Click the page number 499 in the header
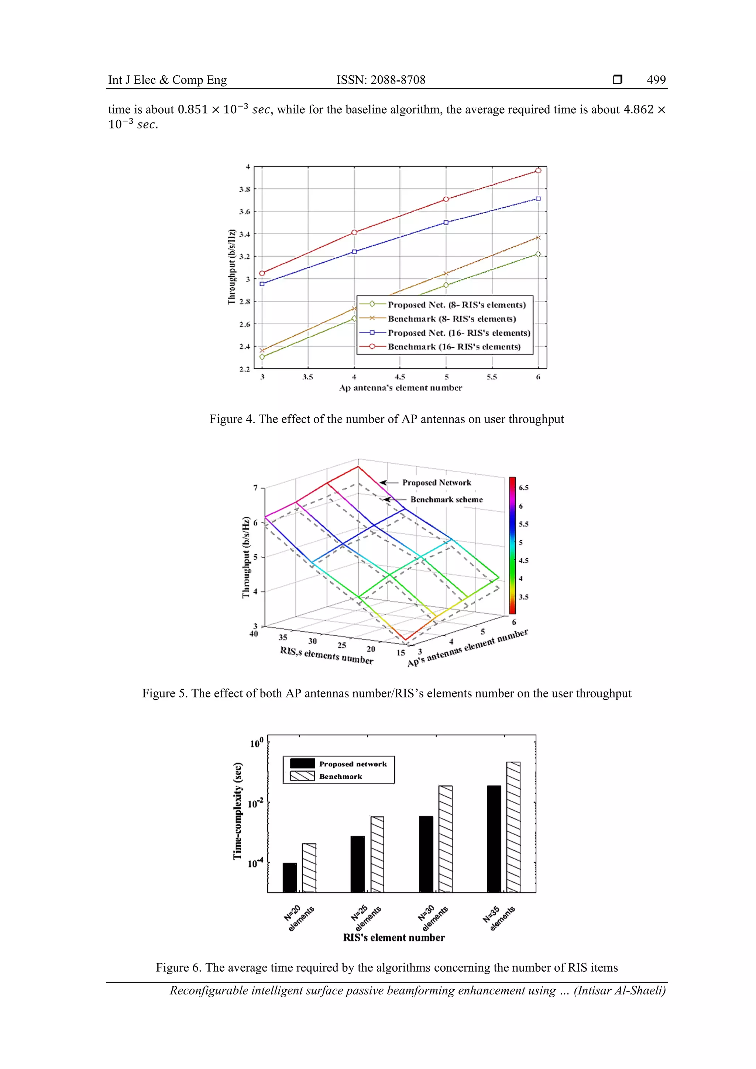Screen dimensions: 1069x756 coord(656,80)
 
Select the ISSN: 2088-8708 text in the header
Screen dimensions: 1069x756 coord(381,80)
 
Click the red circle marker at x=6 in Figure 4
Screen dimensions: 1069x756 coord(538,171)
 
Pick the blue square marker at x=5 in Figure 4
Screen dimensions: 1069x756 coord(446,223)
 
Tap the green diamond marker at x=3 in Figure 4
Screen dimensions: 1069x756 coord(262,357)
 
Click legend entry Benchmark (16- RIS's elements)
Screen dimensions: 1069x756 coord(454,347)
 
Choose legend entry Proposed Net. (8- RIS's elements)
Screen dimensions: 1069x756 coord(457,305)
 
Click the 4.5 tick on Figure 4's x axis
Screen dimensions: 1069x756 coord(400,377)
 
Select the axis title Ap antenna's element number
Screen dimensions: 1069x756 coord(400,388)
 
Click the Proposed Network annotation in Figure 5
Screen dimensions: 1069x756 coord(436,483)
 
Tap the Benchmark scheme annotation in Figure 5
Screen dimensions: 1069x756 coord(446,500)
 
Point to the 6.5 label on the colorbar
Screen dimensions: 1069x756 coord(523,488)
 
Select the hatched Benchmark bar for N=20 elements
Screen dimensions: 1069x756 coord(309,868)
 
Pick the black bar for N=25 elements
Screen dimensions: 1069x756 coord(357,864)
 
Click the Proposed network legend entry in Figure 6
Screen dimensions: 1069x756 coord(353,764)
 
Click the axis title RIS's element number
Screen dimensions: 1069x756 coord(394,938)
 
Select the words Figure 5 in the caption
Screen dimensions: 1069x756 coord(165,693)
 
